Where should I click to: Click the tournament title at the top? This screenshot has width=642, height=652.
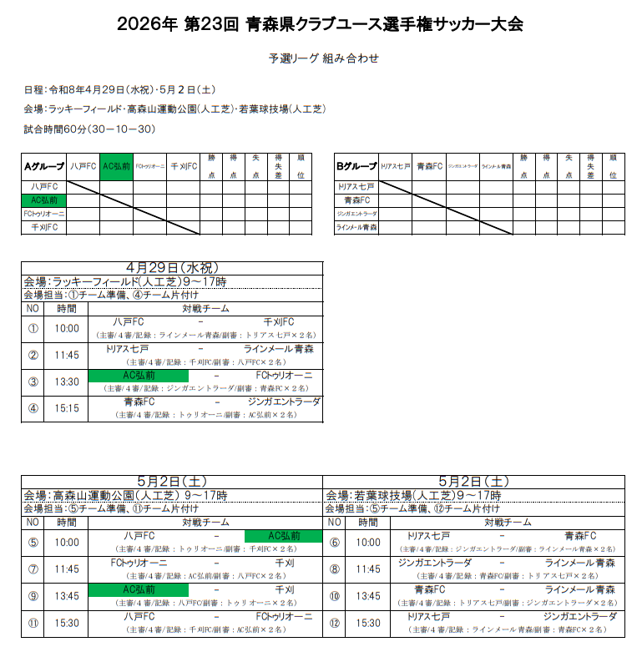point(321,24)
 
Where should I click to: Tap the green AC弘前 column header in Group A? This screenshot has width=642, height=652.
point(116,165)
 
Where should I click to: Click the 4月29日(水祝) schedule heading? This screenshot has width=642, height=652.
point(172,268)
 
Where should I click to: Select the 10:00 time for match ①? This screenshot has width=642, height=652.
point(67,328)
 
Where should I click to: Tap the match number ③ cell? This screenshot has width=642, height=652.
point(33,382)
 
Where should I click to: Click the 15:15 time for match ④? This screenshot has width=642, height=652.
point(67,408)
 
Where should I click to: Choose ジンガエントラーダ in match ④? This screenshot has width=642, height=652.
point(284,402)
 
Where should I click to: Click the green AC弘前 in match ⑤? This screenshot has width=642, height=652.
point(283,536)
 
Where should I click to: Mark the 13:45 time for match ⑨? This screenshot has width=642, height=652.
point(67,596)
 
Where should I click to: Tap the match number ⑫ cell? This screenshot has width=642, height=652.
point(335,623)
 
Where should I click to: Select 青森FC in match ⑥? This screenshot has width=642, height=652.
point(580,536)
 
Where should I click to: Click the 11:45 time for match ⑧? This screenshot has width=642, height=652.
point(368,569)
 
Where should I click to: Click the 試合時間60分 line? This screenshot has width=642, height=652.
point(90,129)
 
